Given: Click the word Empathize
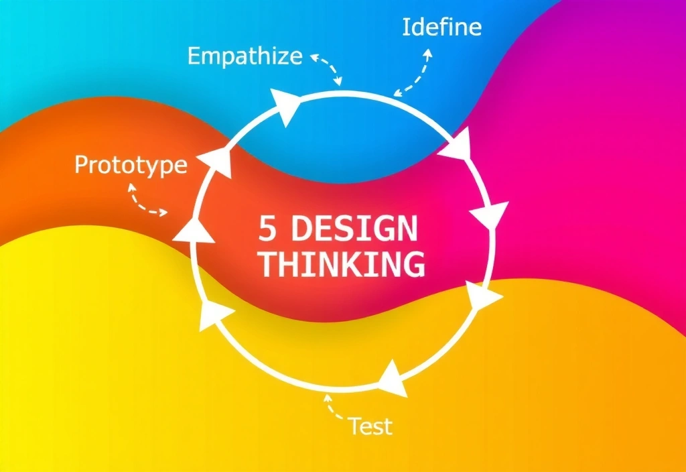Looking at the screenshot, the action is click(x=245, y=56).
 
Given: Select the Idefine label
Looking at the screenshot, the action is click(x=441, y=27).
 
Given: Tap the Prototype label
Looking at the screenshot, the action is click(x=131, y=165).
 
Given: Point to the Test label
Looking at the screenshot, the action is click(x=370, y=426).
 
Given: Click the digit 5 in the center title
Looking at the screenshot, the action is click(x=267, y=230).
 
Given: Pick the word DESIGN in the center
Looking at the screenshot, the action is click(x=354, y=230).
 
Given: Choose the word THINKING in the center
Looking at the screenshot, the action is click(x=342, y=264).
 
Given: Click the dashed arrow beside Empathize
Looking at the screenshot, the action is click(x=328, y=67).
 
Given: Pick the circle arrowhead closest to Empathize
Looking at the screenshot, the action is click(x=287, y=107).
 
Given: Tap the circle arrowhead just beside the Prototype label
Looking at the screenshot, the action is click(x=216, y=161).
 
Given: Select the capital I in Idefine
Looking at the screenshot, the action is click(x=406, y=27).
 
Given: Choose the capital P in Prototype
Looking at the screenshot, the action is click(x=82, y=165).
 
